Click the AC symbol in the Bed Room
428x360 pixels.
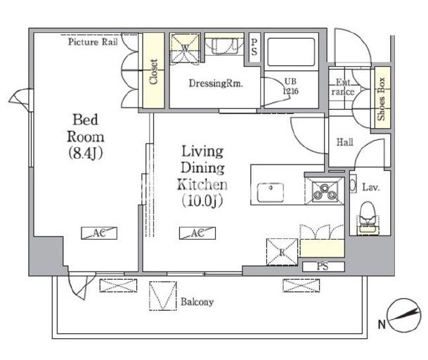(x=99, y=233)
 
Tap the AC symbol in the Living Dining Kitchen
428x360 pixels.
(x=197, y=233)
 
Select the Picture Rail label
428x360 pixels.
(x=93, y=42)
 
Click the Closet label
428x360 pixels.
(x=154, y=72)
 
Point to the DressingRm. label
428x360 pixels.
(x=216, y=83)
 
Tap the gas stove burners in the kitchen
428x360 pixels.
(x=325, y=191)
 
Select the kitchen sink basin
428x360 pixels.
(x=271, y=192)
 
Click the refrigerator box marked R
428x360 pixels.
(x=282, y=252)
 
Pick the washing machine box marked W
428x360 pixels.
(x=185, y=49)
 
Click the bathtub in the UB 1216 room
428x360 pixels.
(x=291, y=52)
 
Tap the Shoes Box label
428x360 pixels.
(x=382, y=99)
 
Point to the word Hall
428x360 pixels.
(x=345, y=142)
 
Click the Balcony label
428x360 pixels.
(x=197, y=302)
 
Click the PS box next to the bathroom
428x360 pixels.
(x=254, y=47)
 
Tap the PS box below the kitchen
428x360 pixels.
(x=323, y=266)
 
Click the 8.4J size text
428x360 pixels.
(x=86, y=153)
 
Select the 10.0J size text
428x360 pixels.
(x=202, y=201)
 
